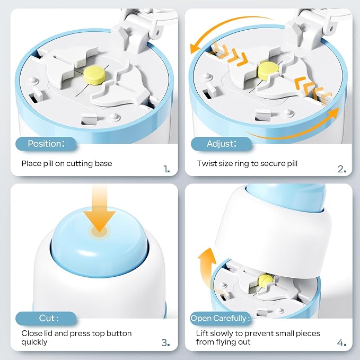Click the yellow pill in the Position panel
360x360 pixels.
pos(94,75)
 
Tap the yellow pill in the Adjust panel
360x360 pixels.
pos(268,71)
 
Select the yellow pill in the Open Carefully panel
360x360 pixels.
pos(266,282)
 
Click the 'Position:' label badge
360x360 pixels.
pos(46,144)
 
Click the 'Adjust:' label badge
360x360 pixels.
pos(221,144)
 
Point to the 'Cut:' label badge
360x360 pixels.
pos(46,319)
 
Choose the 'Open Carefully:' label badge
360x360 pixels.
pos(221,319)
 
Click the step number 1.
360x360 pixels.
pos(166,169)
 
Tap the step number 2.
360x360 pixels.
pos(342,169)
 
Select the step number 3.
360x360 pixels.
pos(165,343)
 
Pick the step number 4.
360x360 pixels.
pos(341,343)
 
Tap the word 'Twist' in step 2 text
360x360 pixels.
pos(205,163)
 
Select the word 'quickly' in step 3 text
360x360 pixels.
pos(34,343)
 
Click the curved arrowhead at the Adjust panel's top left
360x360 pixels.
pos(196,49)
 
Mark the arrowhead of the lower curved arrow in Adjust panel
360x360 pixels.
pos(333,113)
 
